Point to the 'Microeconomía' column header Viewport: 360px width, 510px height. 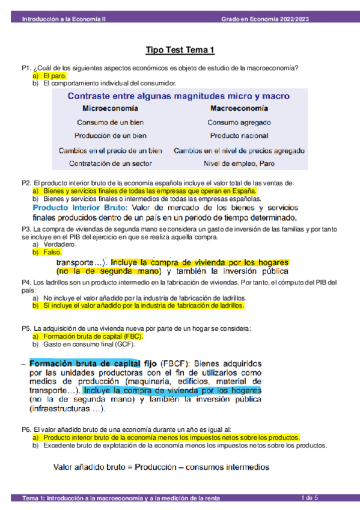coord(109,109)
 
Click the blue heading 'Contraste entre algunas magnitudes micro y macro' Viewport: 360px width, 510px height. coord(178,96)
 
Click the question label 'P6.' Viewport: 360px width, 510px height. coord(26,429)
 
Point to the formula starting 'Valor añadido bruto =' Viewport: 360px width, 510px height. coord(160,467)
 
